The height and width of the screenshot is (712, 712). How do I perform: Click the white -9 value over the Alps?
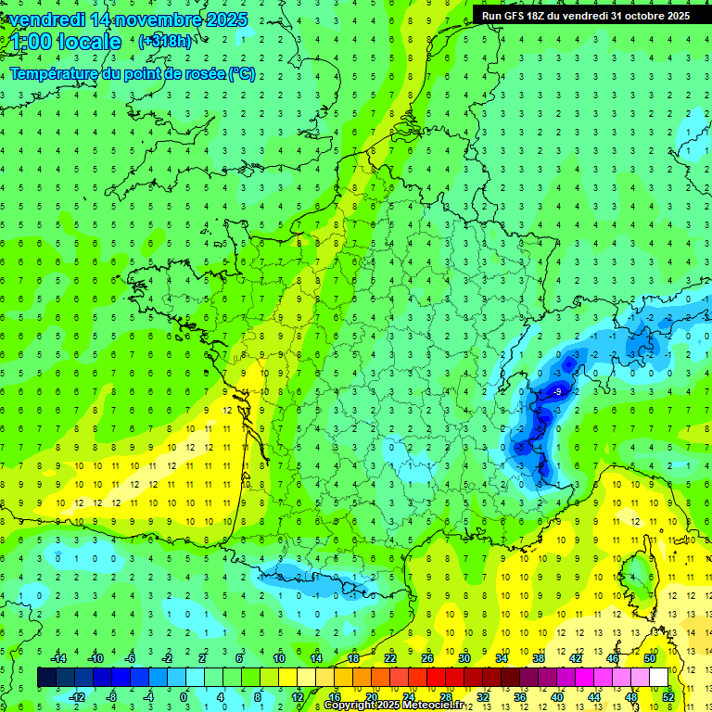(x=556, y=393)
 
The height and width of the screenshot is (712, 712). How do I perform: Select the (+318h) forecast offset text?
(x=165, y=41)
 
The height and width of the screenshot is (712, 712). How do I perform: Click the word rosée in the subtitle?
(x=201, y=74)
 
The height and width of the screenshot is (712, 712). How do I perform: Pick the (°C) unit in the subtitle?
(x=242, y=74)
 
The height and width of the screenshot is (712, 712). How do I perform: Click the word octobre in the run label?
(x=642, y=16)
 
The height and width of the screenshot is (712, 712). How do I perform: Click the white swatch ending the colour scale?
(x=658, y=678)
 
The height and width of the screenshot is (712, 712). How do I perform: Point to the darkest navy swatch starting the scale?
(x=46, y=678)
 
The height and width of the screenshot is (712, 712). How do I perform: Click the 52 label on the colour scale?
(x=668, y=697)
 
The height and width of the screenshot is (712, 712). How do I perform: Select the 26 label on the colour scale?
(x=427, y=658)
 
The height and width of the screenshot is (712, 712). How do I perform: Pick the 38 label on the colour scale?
(x=539, y=658)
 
